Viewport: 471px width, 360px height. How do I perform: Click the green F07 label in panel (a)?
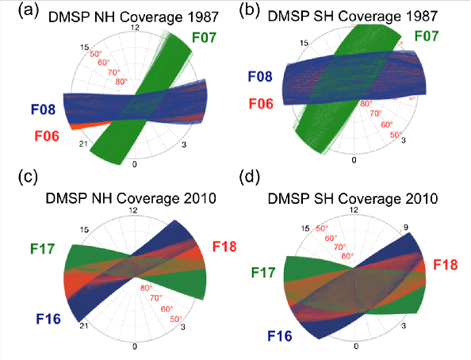click(209, 36)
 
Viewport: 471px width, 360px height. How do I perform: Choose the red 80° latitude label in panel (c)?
click(147, 288)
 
